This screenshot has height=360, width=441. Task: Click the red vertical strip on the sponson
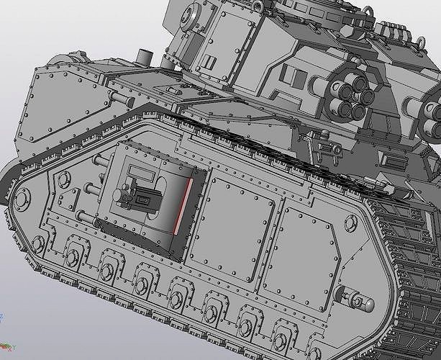click(186, 205)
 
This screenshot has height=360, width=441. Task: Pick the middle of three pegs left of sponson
click(91, 190)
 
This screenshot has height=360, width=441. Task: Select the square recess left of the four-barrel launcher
click(290, 76)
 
